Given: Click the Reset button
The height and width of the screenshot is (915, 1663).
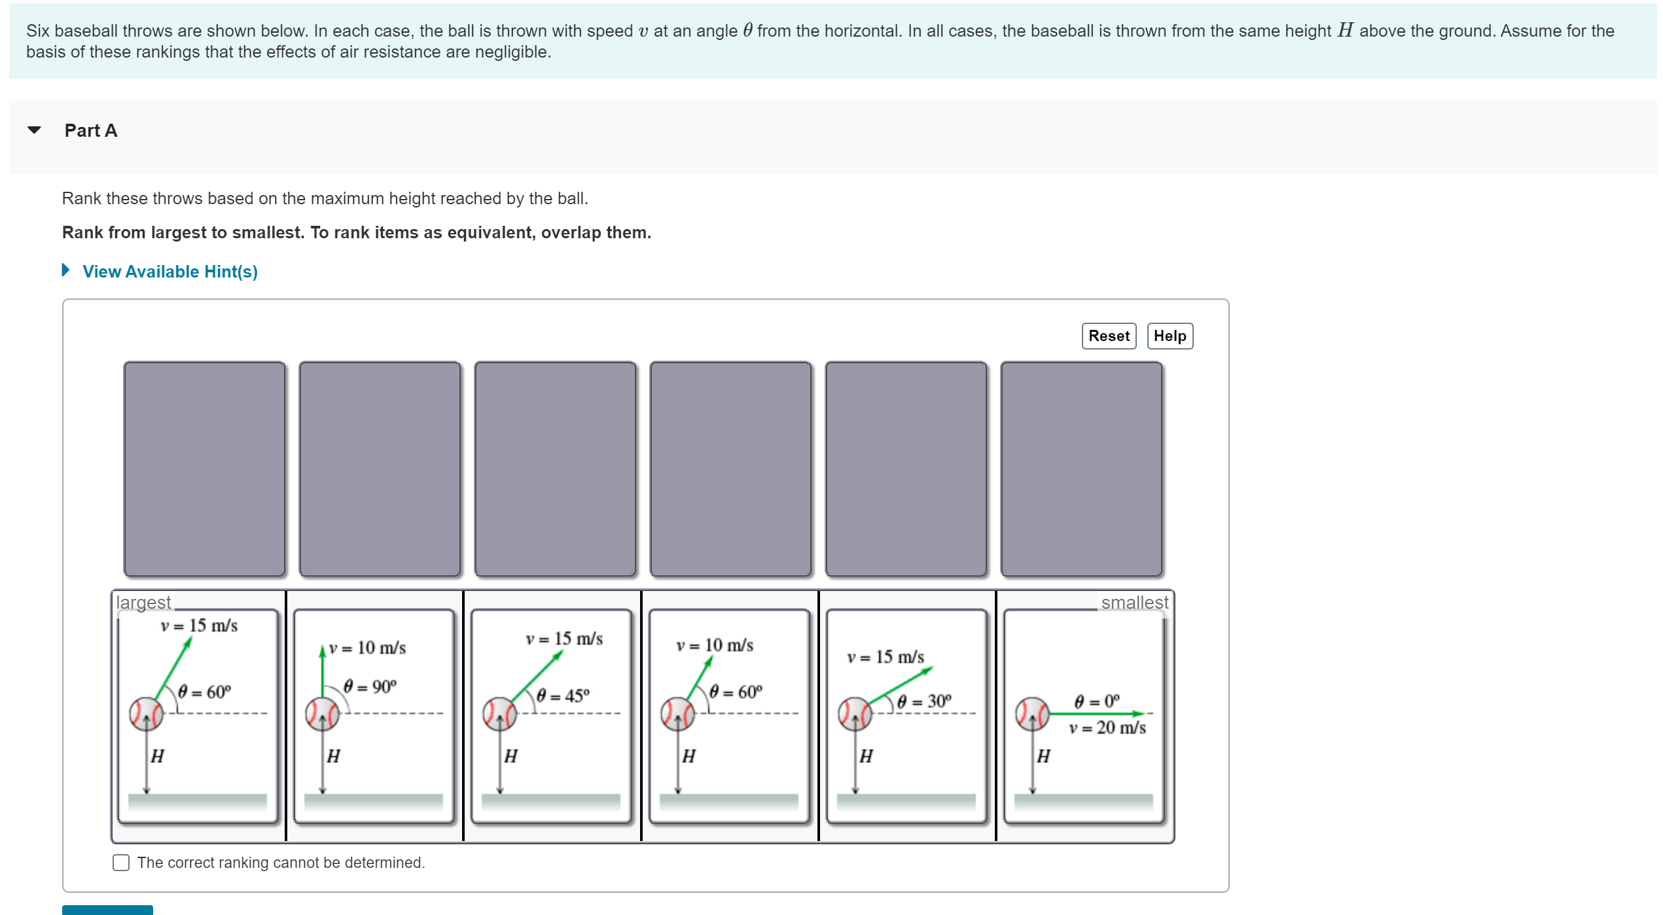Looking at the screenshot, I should coord(1108,336).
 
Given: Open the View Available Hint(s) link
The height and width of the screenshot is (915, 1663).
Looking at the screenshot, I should coord(170,272).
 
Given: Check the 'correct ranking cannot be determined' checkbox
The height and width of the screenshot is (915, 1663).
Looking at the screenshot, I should coord(121,862).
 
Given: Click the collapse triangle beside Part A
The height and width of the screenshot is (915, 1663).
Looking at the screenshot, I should coord(35,130).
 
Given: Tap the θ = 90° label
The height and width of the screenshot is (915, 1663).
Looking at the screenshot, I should coord(370,687).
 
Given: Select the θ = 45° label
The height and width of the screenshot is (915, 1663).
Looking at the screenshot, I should coord(563,695).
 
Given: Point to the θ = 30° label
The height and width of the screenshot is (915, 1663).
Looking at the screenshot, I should coord(923,702).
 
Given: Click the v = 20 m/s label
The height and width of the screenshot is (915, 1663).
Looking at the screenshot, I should coord(1107,728).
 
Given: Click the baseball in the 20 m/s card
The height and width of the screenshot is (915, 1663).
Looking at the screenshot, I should coord(1032,713).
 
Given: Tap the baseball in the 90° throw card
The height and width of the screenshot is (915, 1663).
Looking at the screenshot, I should coord(322,713).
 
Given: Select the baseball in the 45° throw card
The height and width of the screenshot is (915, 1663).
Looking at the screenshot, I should coord(499,713).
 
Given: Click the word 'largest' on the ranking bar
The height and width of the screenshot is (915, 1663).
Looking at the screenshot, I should coord(143,602).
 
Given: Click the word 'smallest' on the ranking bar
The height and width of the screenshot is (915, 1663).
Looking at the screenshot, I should coord(1134,602).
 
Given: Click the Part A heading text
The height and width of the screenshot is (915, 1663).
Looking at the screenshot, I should coord(91,130).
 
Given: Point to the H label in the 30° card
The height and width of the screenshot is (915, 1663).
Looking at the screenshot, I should coord(865,757).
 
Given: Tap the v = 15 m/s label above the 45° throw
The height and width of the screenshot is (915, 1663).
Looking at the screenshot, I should coord(563,639).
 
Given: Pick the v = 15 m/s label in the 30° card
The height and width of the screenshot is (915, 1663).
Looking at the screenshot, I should coord(885,657).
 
